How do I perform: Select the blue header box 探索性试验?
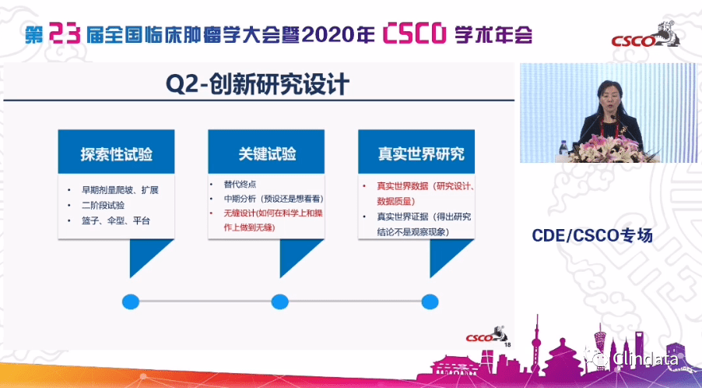pyautogui.click(x=115, y=153)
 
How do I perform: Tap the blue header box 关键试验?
pyautogui.click(x=265, y=153)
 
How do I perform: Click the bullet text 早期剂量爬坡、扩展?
pyautogui.click(x=118, y=190)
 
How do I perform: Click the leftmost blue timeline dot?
pyautogui.click(x=130, y=302)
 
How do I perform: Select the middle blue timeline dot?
pyautogui.click(x=279, y=302)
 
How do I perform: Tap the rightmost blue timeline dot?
pyautogui.click(x=430, y=302)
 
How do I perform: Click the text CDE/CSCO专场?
pyautogui.click(x=591, y=235)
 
